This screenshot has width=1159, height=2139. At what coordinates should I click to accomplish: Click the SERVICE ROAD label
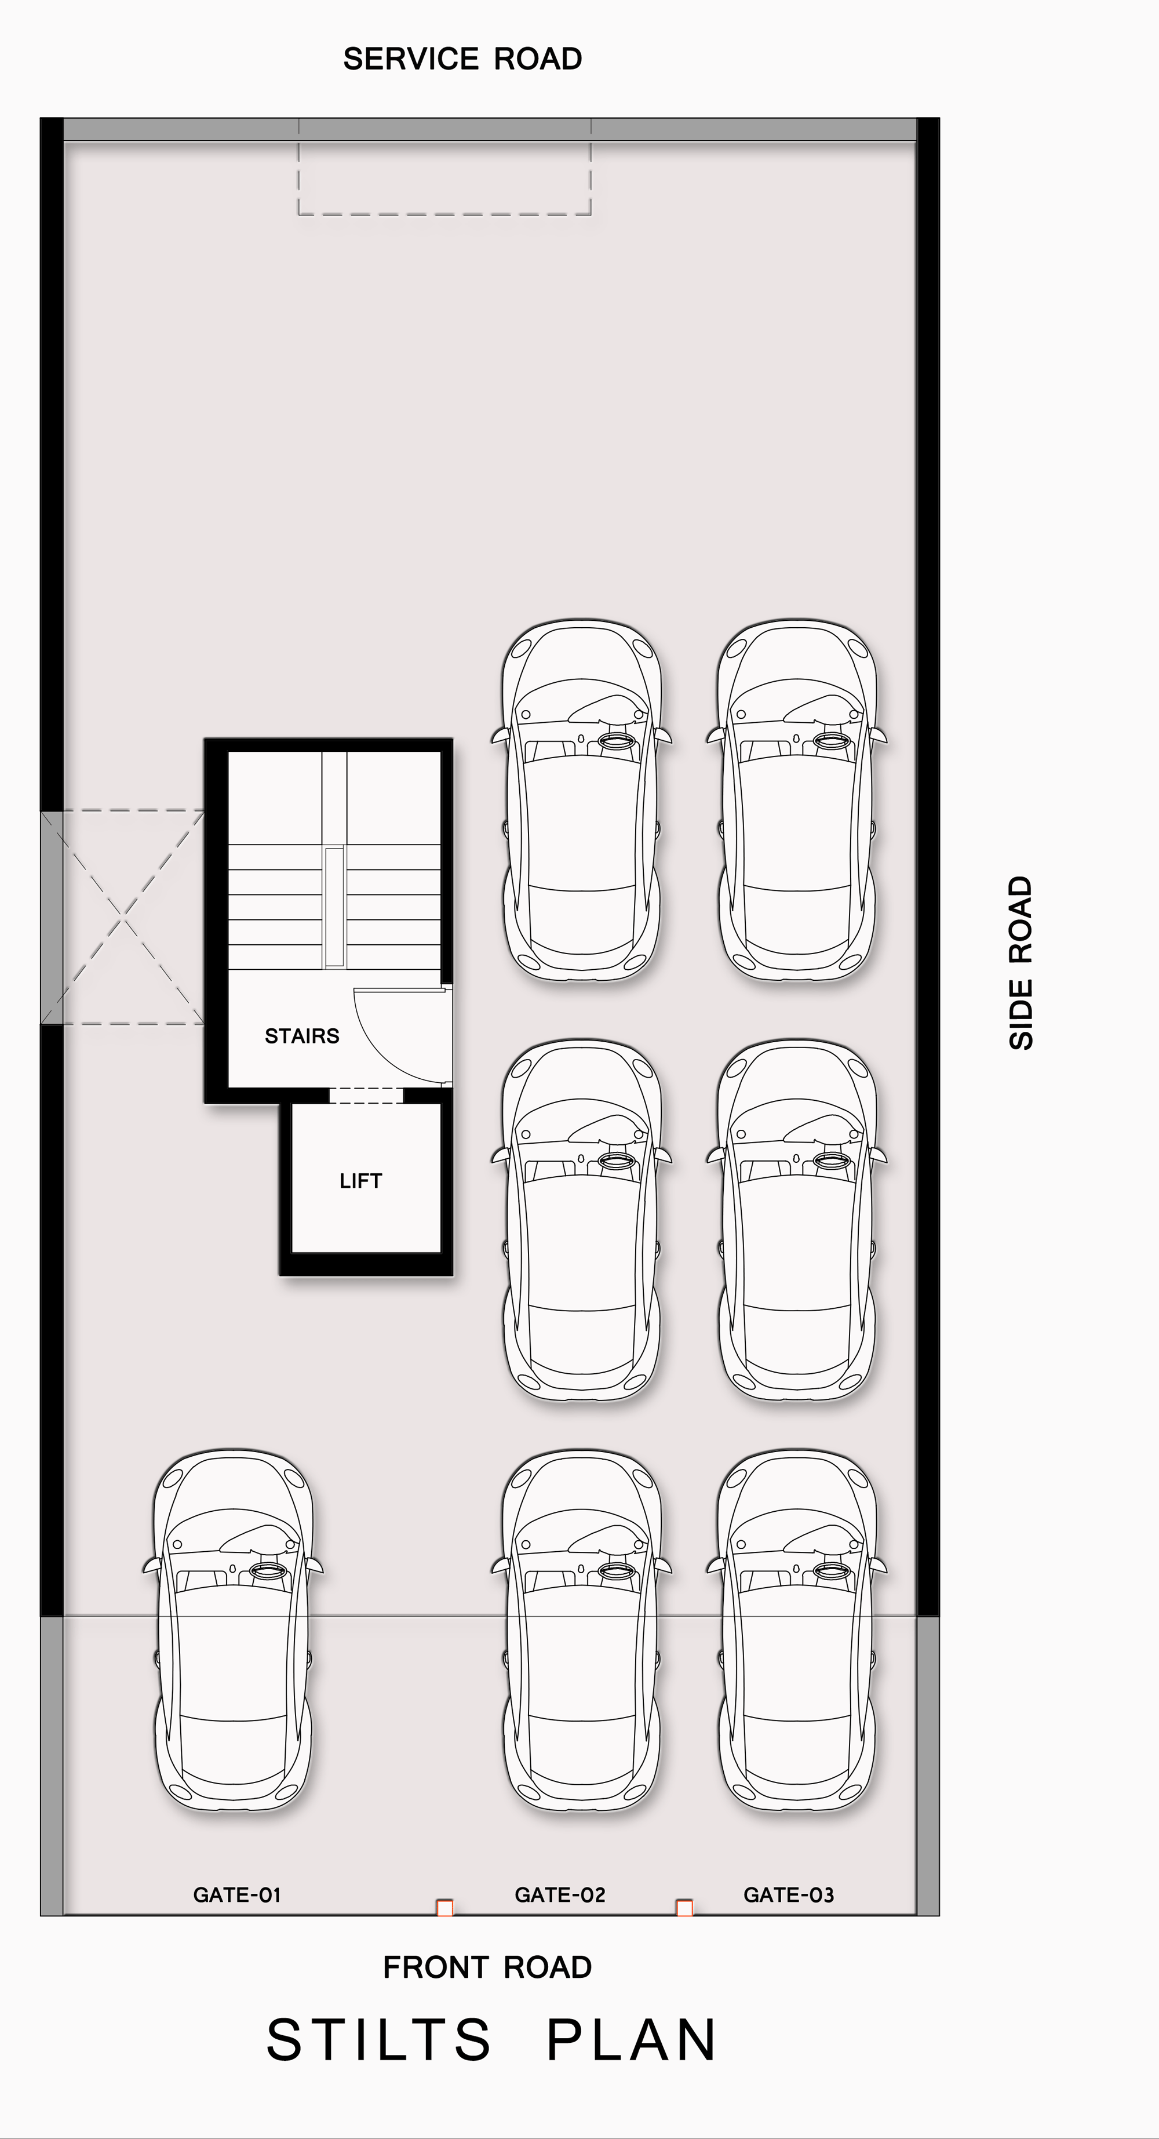(x=462, y=59)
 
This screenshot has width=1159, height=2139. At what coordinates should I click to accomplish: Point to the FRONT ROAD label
(x=487, y=1967)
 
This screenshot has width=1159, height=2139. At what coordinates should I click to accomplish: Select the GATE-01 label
(x=236, y=1895)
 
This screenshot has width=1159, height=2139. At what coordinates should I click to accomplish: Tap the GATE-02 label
(x=560, y=1895)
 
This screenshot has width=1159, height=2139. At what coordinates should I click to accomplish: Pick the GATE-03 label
(x=788, y=1895)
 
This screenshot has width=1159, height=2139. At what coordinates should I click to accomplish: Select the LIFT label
(x=360, y=1181)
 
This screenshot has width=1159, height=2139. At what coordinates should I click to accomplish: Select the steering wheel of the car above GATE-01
(x=267, y=1569)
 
